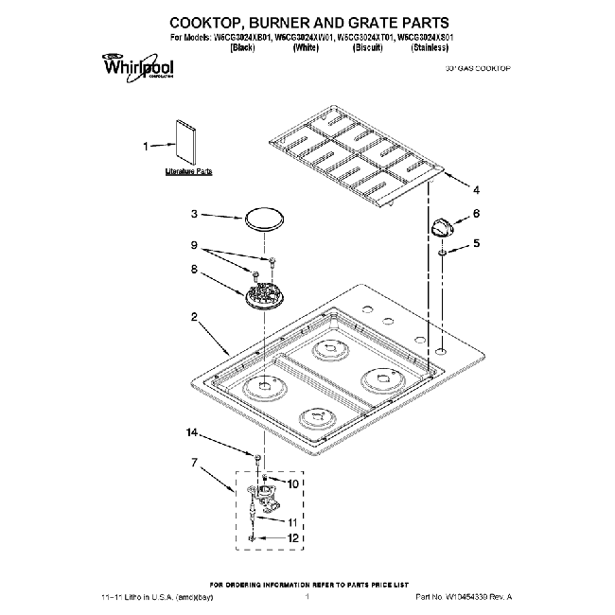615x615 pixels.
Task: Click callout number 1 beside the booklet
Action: click(146, 147)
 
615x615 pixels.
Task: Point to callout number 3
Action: click(193, 214)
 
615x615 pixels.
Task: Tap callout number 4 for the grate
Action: click(476, 188)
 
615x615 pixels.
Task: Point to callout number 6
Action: click(476, 214)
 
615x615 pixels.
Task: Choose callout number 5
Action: click(476, 243)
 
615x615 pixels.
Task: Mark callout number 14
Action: click(193, 433)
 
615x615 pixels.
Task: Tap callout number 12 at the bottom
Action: click(293, 537)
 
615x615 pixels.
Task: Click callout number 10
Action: click(293, 483)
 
